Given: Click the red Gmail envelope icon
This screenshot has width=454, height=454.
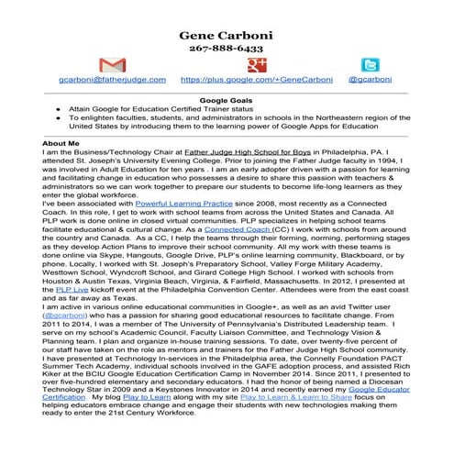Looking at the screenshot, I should pyautogui.click(x=111, y=66).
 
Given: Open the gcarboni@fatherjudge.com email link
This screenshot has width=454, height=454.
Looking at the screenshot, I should pyautogui.click(x=112, y=81).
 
